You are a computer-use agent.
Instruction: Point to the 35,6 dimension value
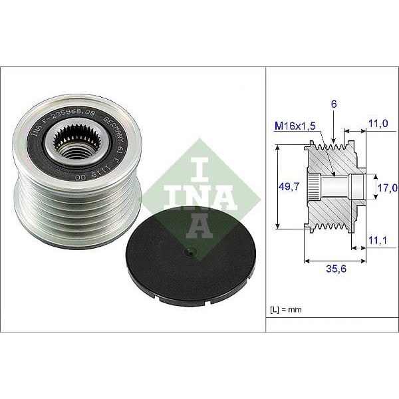[x=328, y=269]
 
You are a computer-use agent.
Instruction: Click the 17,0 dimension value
[x=388, y=188]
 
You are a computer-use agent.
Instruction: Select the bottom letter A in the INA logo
[x=199, y=227]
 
